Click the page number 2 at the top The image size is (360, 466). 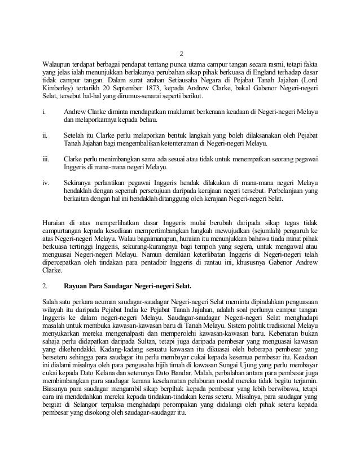pos(181,54)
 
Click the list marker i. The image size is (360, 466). pos(44,111)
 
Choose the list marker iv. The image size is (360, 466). pos(46,183)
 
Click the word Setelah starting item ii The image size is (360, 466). pos(76,135)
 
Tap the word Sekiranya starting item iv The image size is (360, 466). pos(80,183)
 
